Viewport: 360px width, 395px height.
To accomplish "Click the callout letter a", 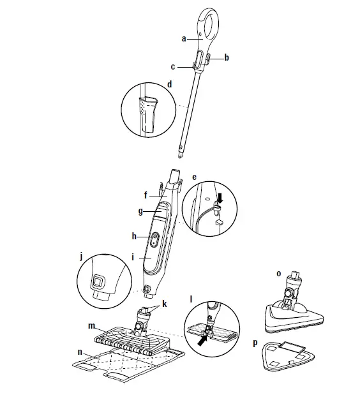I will click(183, 38).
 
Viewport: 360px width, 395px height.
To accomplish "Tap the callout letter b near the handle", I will click(226, 57).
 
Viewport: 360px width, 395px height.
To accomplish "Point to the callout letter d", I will click(169, 84).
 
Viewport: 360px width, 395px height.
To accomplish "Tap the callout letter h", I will click(135, 236).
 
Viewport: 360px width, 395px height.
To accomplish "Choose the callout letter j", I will click(82, 257).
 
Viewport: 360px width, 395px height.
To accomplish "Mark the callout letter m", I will click(92, 326).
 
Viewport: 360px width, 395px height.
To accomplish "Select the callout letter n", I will click(79, 351).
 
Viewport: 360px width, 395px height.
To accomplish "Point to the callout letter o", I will click(278, 273).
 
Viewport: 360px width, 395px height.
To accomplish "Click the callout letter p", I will click(255, 343).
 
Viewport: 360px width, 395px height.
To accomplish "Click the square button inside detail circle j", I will click(98, 280).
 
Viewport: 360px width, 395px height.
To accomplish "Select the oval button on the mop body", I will click(154, 238).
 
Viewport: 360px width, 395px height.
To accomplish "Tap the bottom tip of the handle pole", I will click(181, 154).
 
